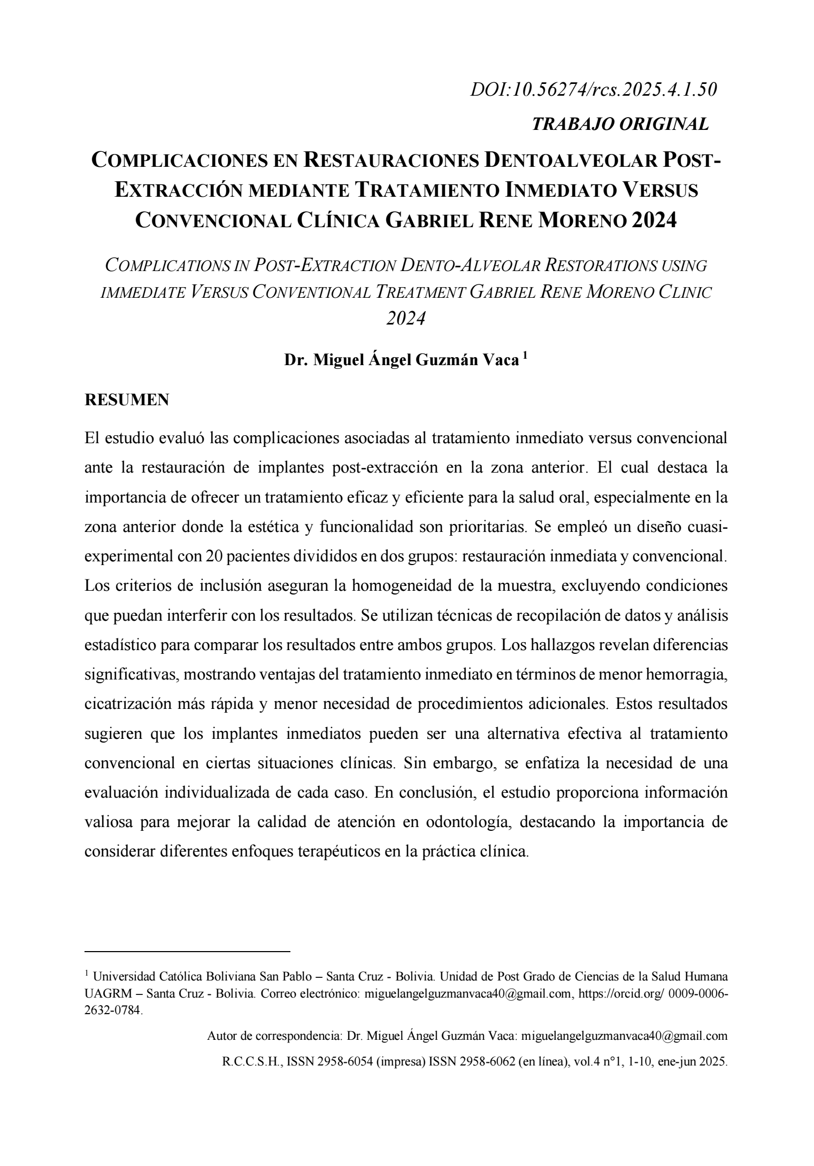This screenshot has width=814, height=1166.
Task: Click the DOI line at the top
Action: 593,90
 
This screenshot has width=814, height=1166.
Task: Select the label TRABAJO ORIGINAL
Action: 620,124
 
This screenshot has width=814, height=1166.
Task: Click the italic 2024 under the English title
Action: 406,319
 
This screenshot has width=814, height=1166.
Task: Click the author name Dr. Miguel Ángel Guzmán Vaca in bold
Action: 401,360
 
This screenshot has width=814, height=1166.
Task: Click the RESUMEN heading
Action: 127,399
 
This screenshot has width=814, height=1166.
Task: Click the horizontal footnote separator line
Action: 187,952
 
